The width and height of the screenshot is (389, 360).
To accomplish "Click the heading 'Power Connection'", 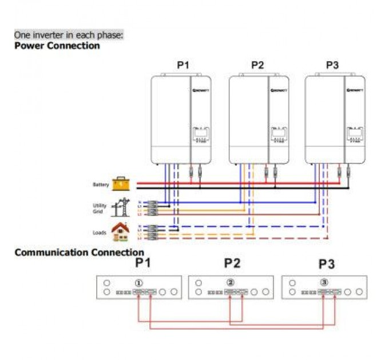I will tap(57, 46).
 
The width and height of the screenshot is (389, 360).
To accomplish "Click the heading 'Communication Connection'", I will tap(79, 252).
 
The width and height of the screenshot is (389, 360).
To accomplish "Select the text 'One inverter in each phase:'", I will tap(69, 35).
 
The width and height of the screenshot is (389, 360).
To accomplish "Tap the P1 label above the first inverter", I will tap(182, 65).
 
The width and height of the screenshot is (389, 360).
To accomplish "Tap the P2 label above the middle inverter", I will tap(257, 65).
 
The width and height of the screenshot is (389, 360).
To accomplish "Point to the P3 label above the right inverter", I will tap(332, 65).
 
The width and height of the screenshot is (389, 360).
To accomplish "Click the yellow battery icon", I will tap(121, 184).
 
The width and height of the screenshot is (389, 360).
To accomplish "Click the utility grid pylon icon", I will tap(121, 206).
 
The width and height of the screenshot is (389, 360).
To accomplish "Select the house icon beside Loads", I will tap(120, 231).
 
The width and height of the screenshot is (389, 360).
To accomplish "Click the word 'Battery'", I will tap(101, 185).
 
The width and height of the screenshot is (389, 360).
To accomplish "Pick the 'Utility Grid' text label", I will tap(100, 208).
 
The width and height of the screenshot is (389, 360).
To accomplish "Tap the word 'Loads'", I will tap(100, 233).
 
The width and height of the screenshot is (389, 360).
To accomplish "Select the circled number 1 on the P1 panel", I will tap(138, 283).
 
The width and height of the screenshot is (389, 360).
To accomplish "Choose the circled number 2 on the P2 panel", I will tap(231, 283).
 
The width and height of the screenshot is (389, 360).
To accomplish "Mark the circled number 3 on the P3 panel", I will tap(324, 283).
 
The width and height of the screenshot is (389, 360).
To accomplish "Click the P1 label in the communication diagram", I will tap(144, 263).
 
